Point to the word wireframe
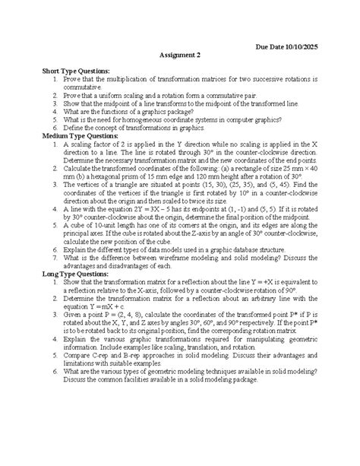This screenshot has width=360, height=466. tap(176, 279)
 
